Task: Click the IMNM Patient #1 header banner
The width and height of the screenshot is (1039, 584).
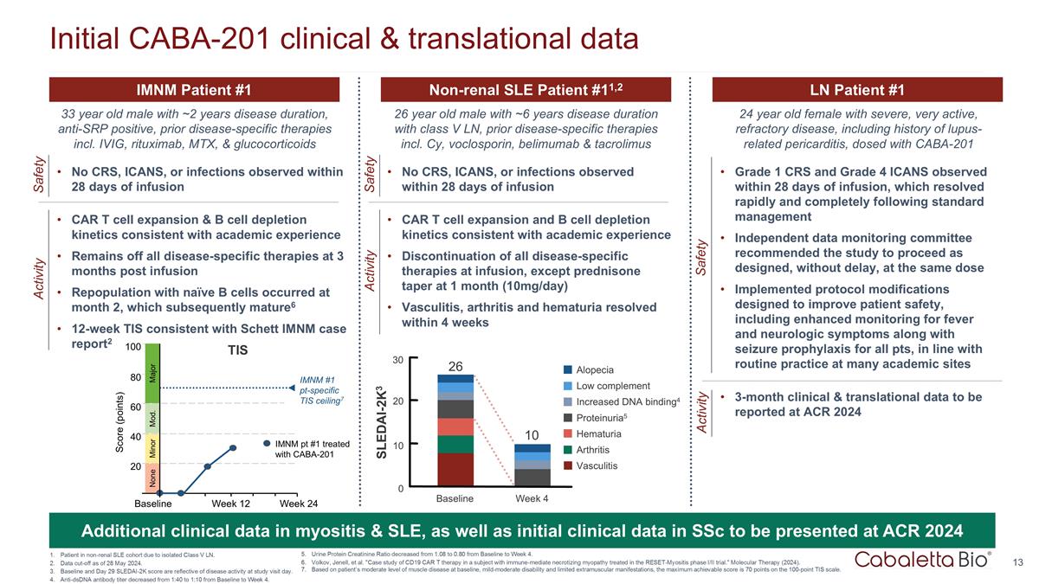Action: point(194,90)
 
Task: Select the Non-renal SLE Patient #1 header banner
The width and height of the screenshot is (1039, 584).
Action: point(526,90)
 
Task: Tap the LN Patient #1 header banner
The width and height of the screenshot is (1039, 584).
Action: point(857,90)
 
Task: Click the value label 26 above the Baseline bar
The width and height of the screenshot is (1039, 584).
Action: point(455,367)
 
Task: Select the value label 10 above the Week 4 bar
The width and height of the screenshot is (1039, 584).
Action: point(532,434)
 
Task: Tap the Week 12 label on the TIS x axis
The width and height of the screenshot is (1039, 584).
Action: point(231,503)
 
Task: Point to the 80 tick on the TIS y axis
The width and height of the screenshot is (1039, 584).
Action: point(135,378)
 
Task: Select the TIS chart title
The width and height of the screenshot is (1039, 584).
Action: point(237,353)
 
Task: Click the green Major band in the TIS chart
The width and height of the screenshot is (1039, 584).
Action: point(152,375)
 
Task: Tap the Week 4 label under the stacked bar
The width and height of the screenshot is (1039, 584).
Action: point(531,498)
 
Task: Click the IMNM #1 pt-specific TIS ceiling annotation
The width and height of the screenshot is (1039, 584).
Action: point(319,390)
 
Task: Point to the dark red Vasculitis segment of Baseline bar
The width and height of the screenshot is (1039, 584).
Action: point(455,470)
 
